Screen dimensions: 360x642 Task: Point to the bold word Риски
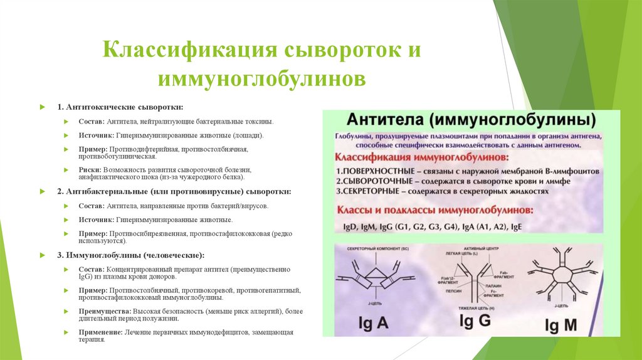pyautogui.click(x=90, y=170)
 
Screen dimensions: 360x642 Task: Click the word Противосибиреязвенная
pyautogui.click(x=150, y=233)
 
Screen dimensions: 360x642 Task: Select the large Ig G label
pyautogui.click(x=474, y=322)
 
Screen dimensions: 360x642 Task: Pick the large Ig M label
pyautogui.click(x=560, y=325)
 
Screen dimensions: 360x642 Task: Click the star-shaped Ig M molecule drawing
pyautogui.click(x=560, y=273)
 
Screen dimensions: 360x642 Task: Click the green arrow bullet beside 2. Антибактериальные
pyautogui.click(x=41, y=191)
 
